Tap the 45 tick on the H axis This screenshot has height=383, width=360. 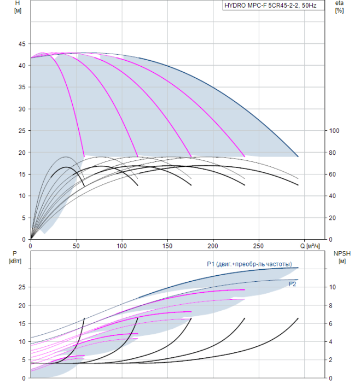coord(22,44)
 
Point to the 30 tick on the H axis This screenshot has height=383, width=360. coord(22,109)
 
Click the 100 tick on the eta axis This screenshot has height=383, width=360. coord(334,131)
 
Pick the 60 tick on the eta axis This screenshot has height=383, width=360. coord(333,174)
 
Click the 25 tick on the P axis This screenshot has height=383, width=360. coord(22,287)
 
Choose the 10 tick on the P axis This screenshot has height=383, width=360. coord(22,341)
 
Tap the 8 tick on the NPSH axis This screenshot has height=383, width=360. coord(332,305)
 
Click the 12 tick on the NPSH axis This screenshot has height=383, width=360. coord(333,269)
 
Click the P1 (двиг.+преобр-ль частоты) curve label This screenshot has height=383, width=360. coord(252,264)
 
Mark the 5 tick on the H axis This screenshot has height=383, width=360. coord(24,218)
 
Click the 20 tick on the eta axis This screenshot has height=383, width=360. coord(333,218)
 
